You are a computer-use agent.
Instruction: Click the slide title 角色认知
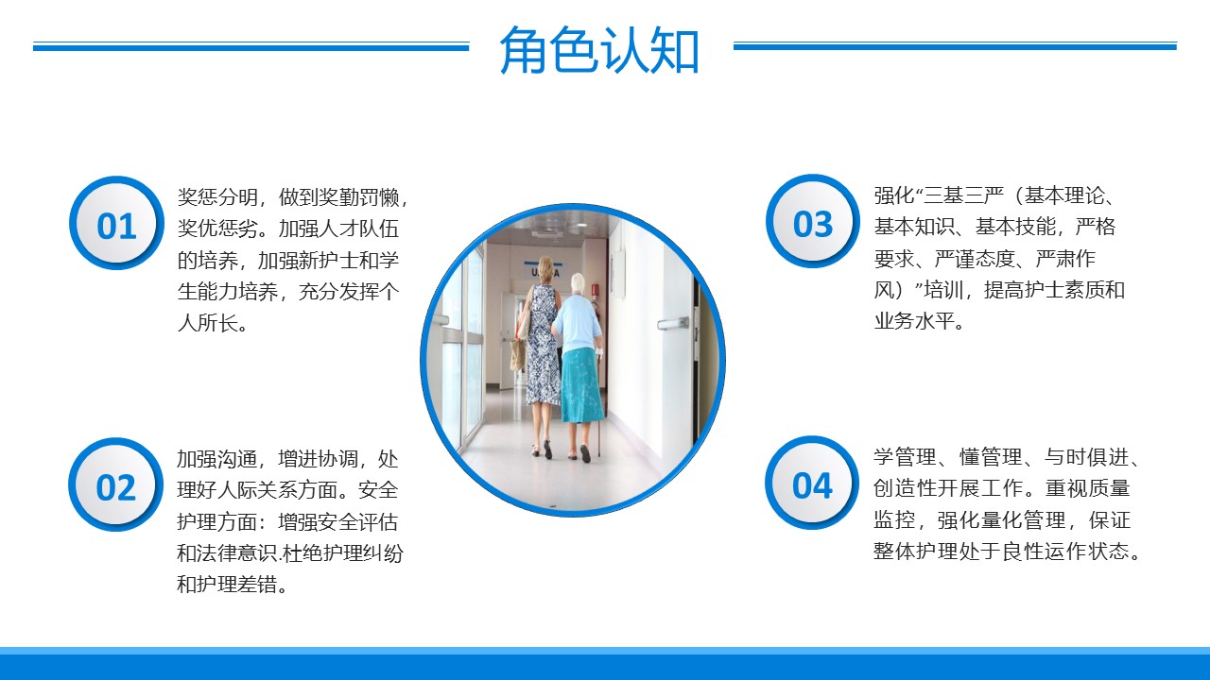coord(599,49)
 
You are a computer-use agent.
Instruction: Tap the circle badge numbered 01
coord(116,224)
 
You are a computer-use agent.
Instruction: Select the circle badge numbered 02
coord(115,485)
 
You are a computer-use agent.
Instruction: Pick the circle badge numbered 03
coord(812,221)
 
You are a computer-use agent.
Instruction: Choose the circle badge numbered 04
coord(812,483)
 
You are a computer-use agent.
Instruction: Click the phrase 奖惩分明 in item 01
coord(217,197)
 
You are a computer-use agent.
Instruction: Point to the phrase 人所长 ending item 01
coord(207,323)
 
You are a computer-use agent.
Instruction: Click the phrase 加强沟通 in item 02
coord(217,459)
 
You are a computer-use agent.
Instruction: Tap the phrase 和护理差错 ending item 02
coord(227,585)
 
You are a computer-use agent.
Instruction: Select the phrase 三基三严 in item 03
coord(963,195)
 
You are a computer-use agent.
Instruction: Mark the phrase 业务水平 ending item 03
coord(914,321)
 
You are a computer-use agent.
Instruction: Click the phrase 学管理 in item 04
coord(905,457)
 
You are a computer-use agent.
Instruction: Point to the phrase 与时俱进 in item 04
coord(1087,457)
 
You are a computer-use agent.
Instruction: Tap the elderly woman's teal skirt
coord(581,385)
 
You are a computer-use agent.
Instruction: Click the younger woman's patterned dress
coord(543,346)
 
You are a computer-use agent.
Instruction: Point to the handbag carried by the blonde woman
coord(518,353)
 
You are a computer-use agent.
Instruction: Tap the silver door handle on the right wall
coord(673,323)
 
